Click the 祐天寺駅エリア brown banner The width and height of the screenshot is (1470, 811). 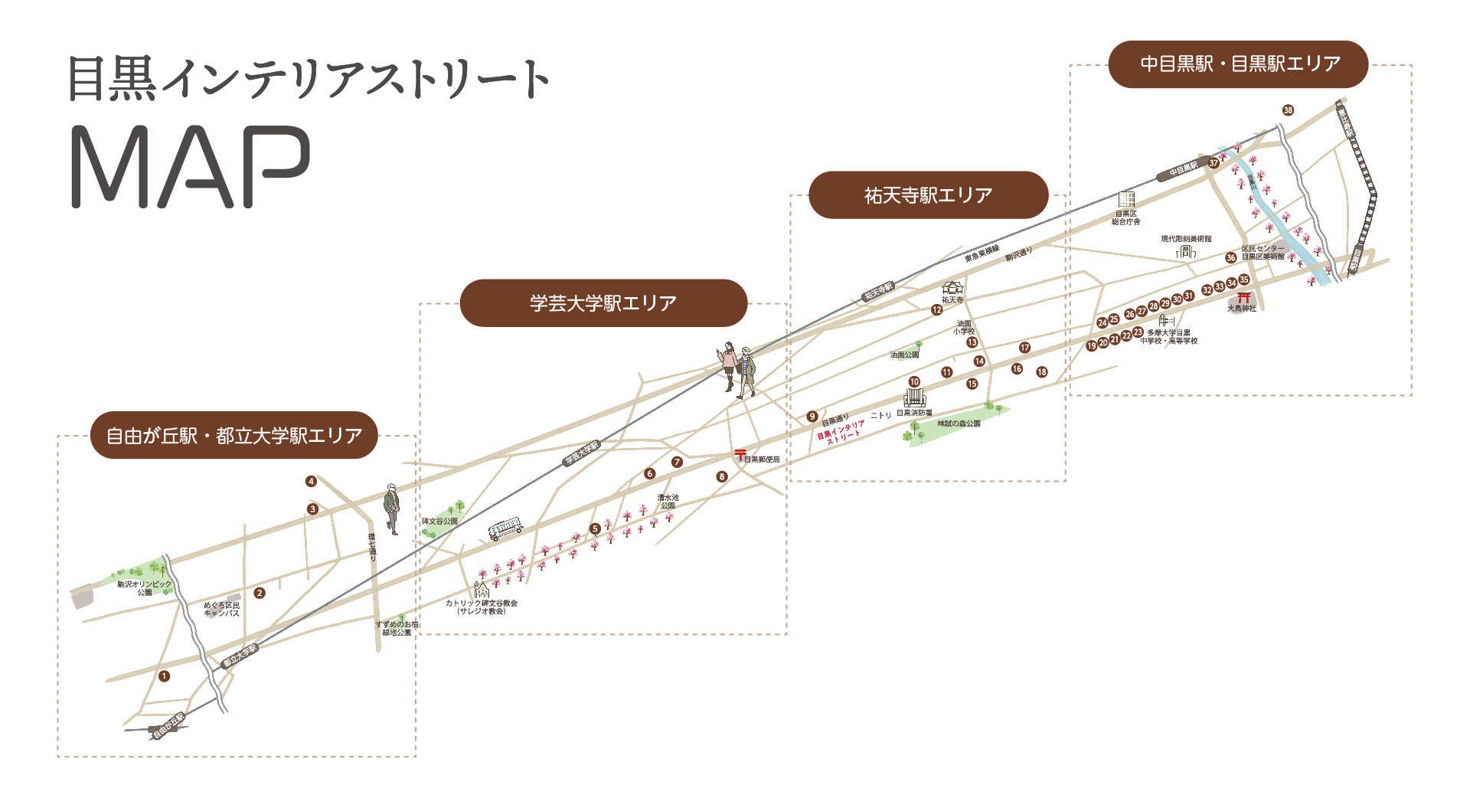(x=928, y=195)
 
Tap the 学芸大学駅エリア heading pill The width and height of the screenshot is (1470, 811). (x=603, y=303)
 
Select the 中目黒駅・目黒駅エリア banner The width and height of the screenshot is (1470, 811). (x=1238, y=64)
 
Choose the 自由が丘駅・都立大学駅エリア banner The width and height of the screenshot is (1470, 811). (x=234, y=436)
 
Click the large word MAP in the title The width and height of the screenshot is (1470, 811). (x=191, y=167)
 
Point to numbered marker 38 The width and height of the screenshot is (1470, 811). (x=1288, y=110)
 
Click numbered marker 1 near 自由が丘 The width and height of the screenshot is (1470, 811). (x=164, y=676)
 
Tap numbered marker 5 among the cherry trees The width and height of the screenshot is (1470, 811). (x=595, y=528)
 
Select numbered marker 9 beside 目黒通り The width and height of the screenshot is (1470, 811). (x=812, y=417)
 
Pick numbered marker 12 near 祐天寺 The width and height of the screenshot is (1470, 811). (x=936, y=310)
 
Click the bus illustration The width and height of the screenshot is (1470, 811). (x=505, y=528)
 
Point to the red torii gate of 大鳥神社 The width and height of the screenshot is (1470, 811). (x=1243, y=297)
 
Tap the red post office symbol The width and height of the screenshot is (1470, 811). (x=740, y=456)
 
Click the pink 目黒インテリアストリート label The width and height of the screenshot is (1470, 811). (x=840, y=432)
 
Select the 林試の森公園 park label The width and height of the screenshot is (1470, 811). (x=959, y=423)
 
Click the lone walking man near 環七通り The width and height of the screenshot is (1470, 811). (x=392, y=508)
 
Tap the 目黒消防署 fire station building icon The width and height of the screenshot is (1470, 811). (x=914, y=398)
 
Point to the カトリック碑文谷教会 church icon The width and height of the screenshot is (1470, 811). (x=482, y=590)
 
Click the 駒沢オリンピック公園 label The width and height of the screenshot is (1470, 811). (x=144, y=587)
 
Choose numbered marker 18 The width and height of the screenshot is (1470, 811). (x=1041, y=372)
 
